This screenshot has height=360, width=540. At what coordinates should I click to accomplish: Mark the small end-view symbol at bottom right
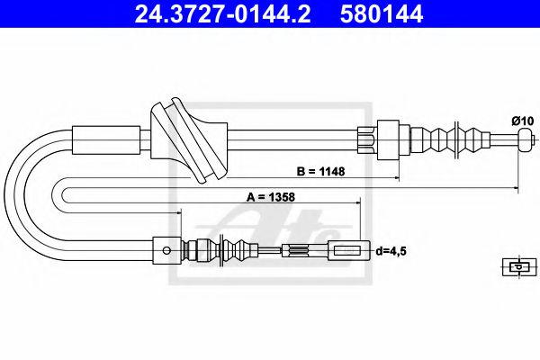pyautogui.click(x=517, y=265)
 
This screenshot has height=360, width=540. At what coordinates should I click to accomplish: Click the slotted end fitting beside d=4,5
pyautogui.click(x=349, y=251)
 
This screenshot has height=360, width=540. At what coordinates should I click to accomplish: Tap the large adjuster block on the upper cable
pyautogui.click(x=391, y=139)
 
